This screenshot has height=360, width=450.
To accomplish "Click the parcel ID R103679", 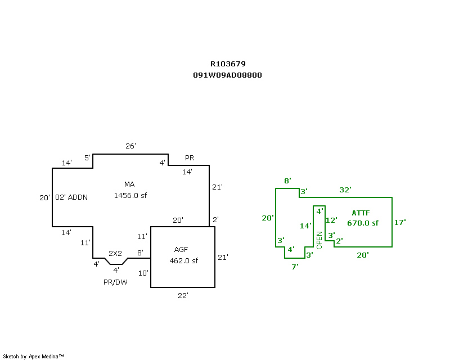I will (227, 64).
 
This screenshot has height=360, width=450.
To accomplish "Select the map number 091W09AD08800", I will (227, 75).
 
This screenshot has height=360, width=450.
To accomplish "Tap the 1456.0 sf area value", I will (130, 196).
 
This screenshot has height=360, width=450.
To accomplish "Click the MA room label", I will (129, 184).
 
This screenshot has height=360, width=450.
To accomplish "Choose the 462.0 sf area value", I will (183, 261).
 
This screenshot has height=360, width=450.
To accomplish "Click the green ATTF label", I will (361, 213).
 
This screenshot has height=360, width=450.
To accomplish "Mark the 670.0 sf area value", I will (363, 223).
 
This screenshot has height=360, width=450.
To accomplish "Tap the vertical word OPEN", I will (319, 240).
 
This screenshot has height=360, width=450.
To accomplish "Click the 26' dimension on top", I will (130, 146).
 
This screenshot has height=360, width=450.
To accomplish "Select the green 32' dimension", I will (345, 190).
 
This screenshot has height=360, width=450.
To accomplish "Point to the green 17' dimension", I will (400, 223).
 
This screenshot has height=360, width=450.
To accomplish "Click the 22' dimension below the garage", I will (182, 295).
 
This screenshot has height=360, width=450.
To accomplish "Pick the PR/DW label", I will (115, 282).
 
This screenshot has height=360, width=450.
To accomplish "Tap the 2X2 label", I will (116, 253).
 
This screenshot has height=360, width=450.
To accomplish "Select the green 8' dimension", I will (287, 181).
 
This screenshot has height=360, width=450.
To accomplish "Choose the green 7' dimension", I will (295, 267).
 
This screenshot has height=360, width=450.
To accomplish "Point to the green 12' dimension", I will (331, 220).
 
